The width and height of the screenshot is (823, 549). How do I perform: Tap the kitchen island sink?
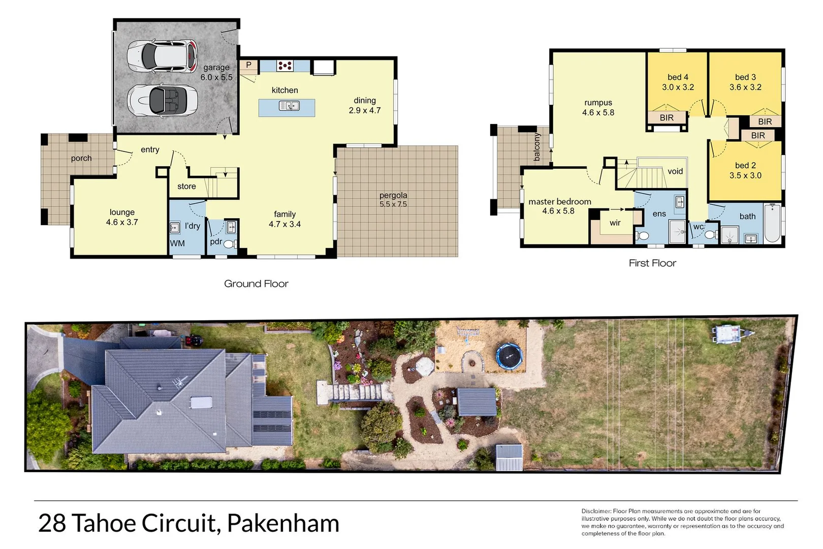[x=289, y=106]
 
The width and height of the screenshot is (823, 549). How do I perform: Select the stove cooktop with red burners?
[x=284, y=66]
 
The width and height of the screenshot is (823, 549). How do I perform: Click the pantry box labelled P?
[x=248, y=65]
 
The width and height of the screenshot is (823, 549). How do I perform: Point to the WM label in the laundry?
[x=177, y=243]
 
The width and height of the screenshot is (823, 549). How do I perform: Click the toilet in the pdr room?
[x=230, y=245]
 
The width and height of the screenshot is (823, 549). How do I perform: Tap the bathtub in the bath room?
[x=772, y=224]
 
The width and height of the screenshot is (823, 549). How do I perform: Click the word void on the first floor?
[x=675, y=171]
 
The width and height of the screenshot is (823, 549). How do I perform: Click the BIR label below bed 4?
[x=667, y=118]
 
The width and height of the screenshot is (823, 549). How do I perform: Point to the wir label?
[x=615, y=223]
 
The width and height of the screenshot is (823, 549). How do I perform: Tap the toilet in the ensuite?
[x=643, y=236]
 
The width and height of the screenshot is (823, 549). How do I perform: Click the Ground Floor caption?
[x=256, y=284]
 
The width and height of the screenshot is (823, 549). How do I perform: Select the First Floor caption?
[x=652, y=263]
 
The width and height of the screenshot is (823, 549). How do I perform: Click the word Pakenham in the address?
[x=283, y=523]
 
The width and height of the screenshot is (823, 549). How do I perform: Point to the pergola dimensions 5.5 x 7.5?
[x=393, y=204]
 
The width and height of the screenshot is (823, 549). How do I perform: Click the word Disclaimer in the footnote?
[x=596, y=511]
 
